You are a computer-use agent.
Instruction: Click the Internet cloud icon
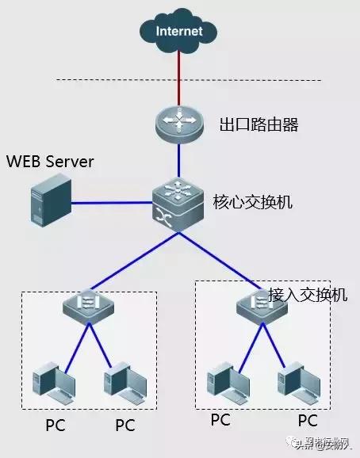tap(179, 32)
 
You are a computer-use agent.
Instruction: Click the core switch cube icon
tap(179, 204)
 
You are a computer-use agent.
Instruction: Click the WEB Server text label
tap(50, 162)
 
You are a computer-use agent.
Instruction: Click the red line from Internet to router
tap(179, 79)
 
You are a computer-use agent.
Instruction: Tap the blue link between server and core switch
tap(111, 204)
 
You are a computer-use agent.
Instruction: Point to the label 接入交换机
tap(308, 294)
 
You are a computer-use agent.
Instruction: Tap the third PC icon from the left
tap(223, 382)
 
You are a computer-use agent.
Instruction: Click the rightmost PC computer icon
tap(294, 382)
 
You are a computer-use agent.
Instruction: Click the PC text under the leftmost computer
tap(54, 425)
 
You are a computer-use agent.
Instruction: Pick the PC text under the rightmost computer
tap(307, 420)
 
